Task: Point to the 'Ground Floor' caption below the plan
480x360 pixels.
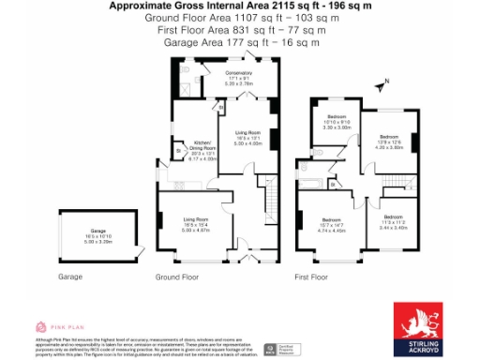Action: [177, 277]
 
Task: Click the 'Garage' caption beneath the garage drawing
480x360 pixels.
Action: [71, 277]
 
